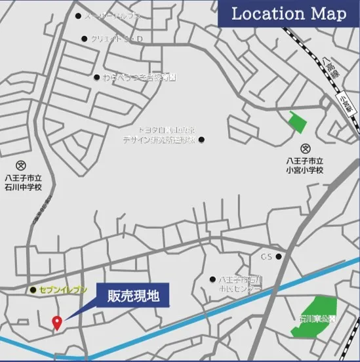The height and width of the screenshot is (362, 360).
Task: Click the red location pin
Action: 56,322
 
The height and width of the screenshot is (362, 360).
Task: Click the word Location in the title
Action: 266,14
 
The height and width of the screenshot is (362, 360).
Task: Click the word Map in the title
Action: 326,14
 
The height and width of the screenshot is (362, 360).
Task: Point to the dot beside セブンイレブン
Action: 32,289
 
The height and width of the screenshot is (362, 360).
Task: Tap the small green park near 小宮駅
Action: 298,122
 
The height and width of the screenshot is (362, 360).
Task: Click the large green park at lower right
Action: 315,315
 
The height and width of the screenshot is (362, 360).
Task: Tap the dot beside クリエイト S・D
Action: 84,39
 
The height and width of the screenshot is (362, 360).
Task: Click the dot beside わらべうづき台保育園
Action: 96,77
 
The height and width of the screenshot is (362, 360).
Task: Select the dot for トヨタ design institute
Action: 201,140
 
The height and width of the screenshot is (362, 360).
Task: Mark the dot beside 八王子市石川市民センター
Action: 212,279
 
